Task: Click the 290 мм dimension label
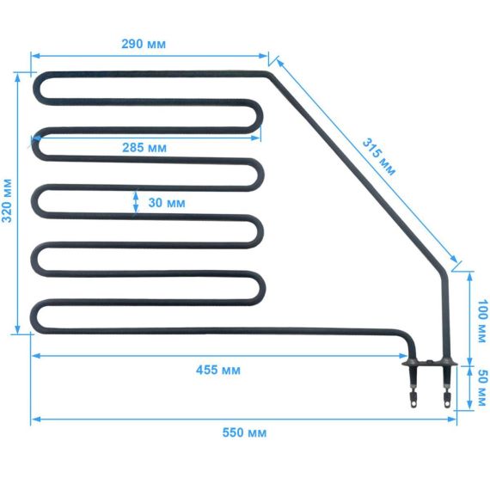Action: coord(144,44)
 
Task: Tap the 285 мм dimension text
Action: coord(144,148)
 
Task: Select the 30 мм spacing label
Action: coord(167,203)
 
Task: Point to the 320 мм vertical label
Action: coord(7,200)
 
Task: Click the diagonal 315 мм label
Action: coord(379,157)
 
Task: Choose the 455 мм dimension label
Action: coord(218,371)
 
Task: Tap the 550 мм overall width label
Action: coord(244,432)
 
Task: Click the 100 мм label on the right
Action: coord(483,321)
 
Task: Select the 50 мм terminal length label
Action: coord(483,388)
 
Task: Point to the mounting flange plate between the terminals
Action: coord(430,363)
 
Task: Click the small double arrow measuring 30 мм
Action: coord(136,203)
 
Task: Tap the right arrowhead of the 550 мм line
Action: coord(452,419)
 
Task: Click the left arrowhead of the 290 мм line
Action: coord(36,56)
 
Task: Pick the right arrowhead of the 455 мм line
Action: coord(403,356)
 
